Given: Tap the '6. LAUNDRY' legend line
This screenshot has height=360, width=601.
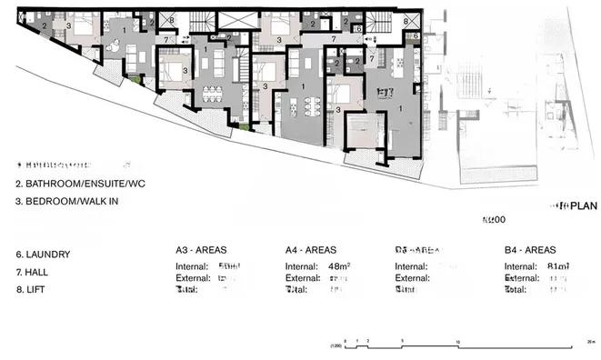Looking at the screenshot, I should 43,255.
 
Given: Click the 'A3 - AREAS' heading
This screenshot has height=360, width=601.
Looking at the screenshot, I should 201,249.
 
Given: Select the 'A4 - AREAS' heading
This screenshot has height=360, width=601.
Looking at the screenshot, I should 311,249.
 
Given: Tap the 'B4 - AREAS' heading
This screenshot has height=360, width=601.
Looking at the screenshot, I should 530,249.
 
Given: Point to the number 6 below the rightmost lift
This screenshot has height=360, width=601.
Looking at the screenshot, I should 415,35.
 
